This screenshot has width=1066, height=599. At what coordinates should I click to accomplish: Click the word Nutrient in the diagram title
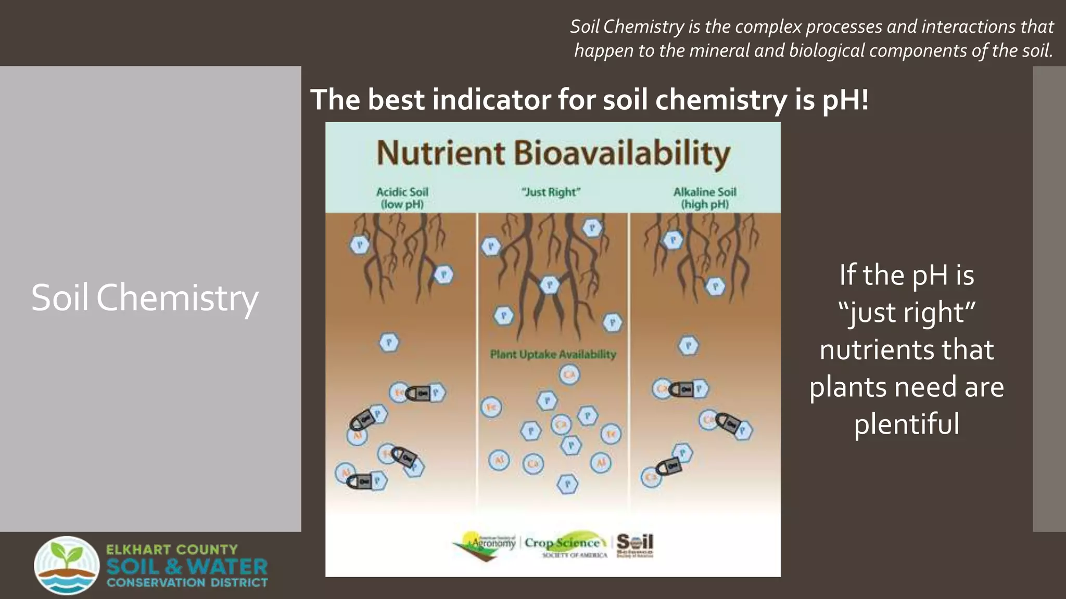click(440, 153)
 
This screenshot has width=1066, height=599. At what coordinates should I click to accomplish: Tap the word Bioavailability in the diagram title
click(622, 154)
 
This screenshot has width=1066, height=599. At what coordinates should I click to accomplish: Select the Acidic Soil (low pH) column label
click(402, 198)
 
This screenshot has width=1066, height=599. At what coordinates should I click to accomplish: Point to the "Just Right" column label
click(551, 192)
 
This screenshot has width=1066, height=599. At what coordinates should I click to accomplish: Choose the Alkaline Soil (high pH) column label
click(705, 198)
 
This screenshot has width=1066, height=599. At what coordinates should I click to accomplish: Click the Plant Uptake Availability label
click(553, 355)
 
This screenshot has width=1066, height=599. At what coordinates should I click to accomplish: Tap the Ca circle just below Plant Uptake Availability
click(569, 375)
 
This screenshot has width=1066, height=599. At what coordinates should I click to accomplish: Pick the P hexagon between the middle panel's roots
click(550, 284)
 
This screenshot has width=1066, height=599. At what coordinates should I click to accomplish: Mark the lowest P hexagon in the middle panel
click(567, 484)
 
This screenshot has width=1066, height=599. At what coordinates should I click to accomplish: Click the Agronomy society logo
click(485, 545)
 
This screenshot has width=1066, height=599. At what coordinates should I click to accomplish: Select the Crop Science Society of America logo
click(565, 545)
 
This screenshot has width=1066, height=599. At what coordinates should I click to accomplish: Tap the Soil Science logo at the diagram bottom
click(634, 544)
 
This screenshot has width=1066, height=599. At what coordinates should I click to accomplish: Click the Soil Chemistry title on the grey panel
click(145, 298)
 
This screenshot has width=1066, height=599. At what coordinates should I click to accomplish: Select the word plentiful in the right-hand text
click(906, 424)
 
